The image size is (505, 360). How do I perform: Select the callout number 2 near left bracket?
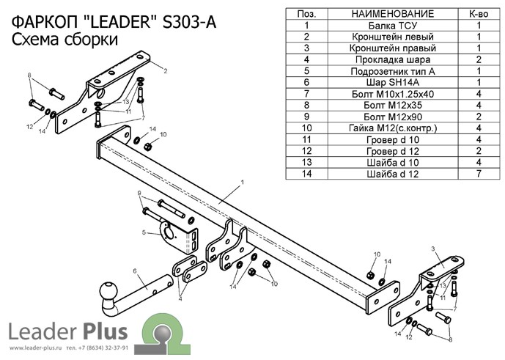click(x=166, y=70)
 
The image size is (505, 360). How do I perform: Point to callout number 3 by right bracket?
click(x=434, y=250)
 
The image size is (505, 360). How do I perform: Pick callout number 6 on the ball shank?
click(x=135, y=271)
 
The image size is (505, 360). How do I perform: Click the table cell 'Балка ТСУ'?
click(x=381, y=25)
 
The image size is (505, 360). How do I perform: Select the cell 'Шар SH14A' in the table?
click(x=381, y=83)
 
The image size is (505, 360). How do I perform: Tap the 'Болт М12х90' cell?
click(x=381, y=117)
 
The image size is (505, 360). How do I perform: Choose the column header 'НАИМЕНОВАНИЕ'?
click(x=381, y=14)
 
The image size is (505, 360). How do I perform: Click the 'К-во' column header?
click(x=478, y=14)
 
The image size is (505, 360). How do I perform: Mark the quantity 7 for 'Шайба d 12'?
click(x=478, y=175)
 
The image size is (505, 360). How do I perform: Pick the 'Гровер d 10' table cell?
click(x=381, y=140)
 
